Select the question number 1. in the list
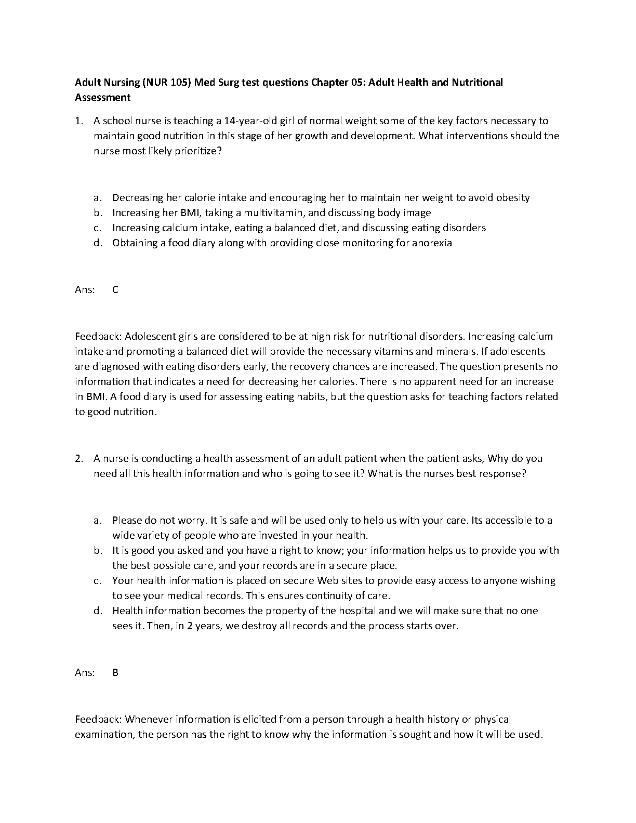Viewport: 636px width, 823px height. pyautogui.click(x=79, y=121)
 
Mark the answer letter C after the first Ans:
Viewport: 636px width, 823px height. pyautogui.click(x=115, y=289)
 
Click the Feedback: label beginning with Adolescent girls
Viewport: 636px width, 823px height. pyautogui.click(x=98, y=336)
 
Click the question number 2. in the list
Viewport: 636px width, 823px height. pyautogui.click(x=79, y=459)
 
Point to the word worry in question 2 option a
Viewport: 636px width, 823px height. pyautogui.click(x=191, y=520)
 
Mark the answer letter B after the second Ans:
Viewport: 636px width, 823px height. pyautogui.click(x=115, y=672)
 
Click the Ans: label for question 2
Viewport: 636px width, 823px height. pyautogui.click(x=85, y=672)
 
